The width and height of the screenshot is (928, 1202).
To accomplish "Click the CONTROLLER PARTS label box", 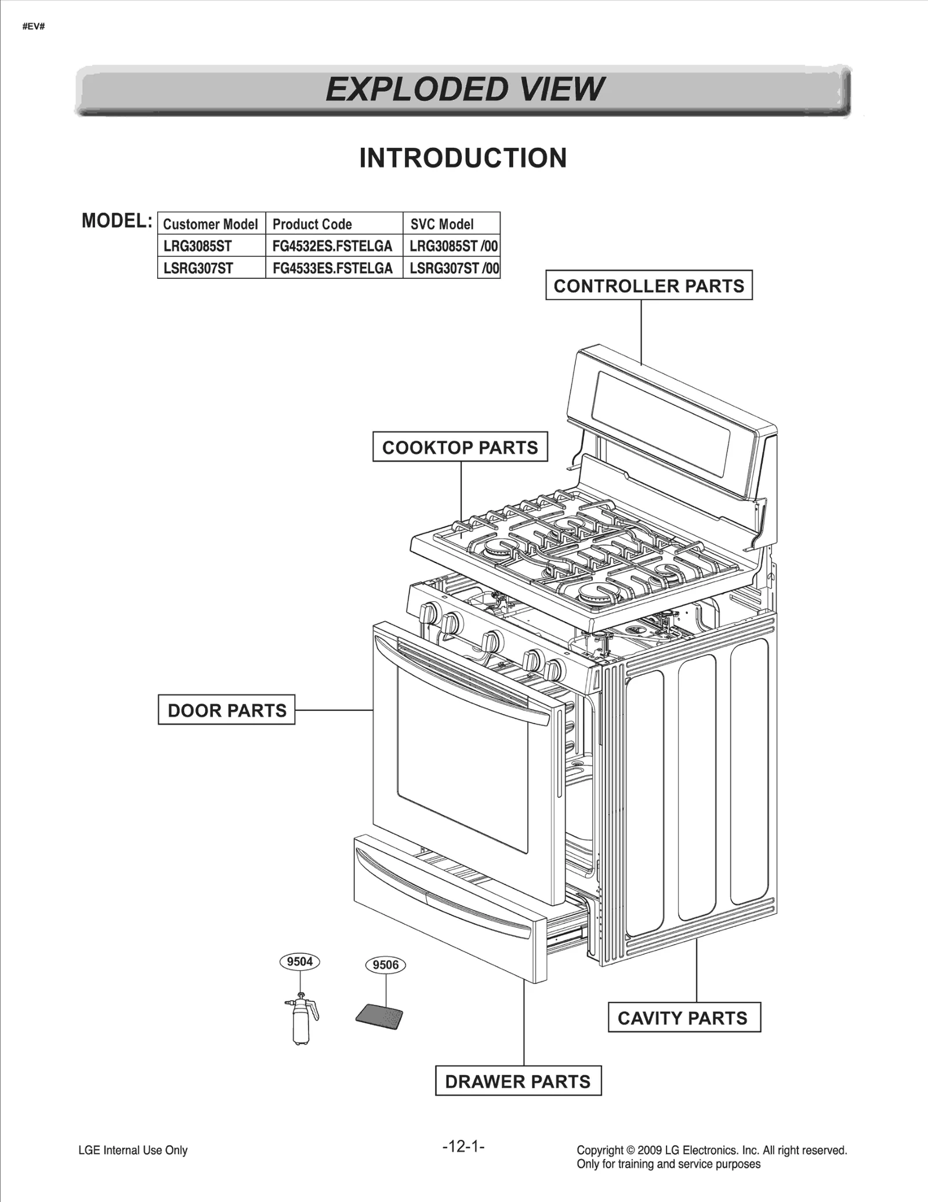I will (x=648, y=285).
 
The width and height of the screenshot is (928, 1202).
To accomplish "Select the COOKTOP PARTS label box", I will (x=460, y=447).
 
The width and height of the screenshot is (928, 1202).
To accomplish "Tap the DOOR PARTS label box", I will (x=226, y=710).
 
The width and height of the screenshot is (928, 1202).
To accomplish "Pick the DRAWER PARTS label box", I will (x=517, y=1081).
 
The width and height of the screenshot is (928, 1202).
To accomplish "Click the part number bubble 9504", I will (x=300, y=961).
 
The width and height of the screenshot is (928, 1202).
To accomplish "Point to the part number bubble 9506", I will (x=386, y=965).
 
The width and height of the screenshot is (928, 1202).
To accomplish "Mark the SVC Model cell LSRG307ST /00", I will (x=452, y=268).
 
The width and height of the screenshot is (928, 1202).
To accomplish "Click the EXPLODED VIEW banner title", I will (x=464, y=89).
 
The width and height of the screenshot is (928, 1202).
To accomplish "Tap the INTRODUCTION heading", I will (x=462, y=158).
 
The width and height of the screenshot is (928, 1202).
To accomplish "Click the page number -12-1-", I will (x=463, y=1146).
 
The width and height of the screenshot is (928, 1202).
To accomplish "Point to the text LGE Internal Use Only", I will (x=133, y=1150).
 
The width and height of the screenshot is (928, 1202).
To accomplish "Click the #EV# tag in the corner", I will (x=34, y=27).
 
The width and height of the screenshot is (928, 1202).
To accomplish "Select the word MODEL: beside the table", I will (x=117, y=221).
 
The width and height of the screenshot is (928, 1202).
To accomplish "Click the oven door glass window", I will (x=462, y=762).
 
